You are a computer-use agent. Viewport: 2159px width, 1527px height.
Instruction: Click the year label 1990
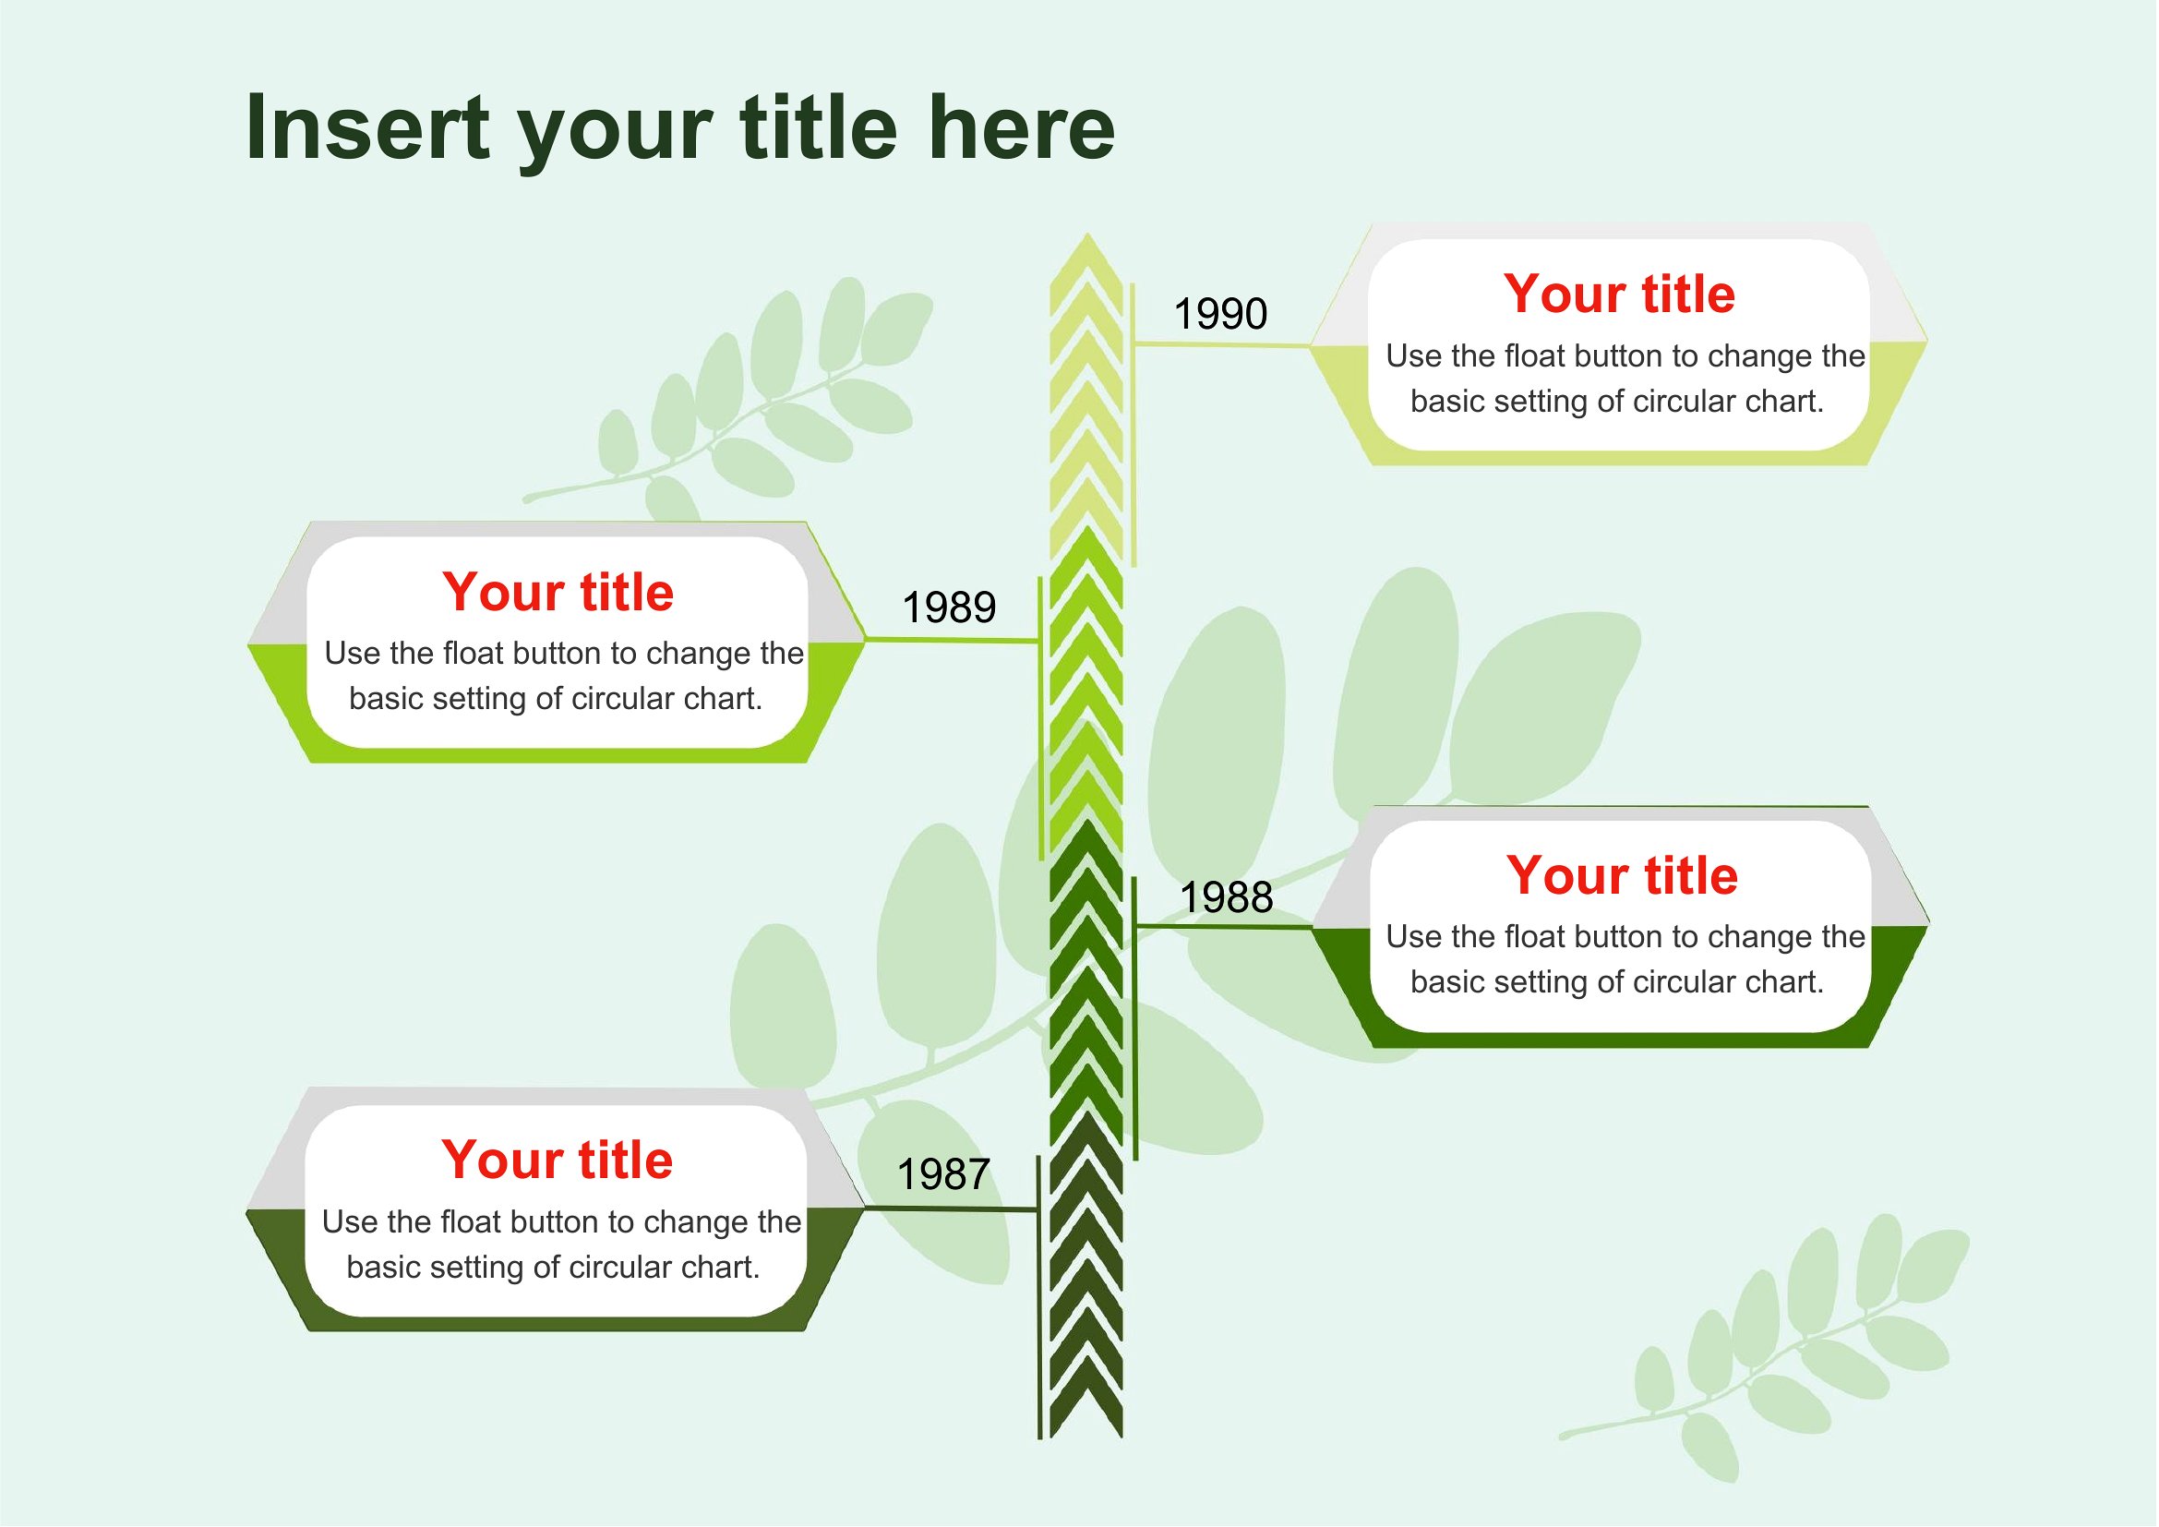pos(1220,313)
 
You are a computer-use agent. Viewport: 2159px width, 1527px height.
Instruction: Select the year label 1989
pos(949,607)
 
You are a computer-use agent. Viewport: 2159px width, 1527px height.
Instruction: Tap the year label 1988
pos(1226,897)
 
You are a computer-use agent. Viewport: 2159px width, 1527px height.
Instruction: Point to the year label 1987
pos(943,1174)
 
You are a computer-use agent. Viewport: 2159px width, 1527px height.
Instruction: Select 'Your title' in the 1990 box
pos(1618,294)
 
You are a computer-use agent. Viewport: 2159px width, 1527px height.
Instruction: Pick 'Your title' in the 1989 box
pos(558,592)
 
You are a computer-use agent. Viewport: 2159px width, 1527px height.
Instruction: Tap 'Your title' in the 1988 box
pos(1621,875)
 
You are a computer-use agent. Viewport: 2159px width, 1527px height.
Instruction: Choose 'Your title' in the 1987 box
pos(557,1160)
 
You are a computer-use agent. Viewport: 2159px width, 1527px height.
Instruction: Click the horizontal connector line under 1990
pos(1222,345)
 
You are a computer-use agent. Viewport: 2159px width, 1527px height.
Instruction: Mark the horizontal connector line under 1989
pos(952,641)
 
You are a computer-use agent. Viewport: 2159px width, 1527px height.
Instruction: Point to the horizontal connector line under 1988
pos(1224,927)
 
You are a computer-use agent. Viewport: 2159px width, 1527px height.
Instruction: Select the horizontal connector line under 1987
pos(951,1208)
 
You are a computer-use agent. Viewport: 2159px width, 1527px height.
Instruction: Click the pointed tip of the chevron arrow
pos(1087,234)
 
